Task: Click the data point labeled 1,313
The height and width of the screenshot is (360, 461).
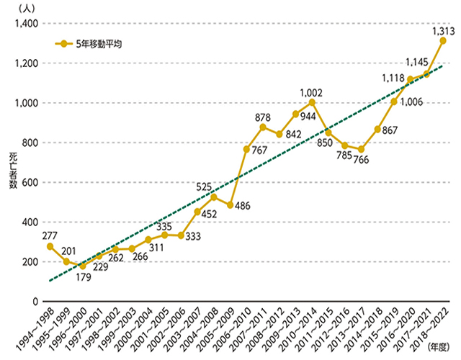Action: pos(443,41)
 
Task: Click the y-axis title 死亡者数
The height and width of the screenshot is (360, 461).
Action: pos(14,171)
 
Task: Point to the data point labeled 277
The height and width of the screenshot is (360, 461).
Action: pos(50,246)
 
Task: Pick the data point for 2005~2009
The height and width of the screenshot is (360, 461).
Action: pos(230,205)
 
